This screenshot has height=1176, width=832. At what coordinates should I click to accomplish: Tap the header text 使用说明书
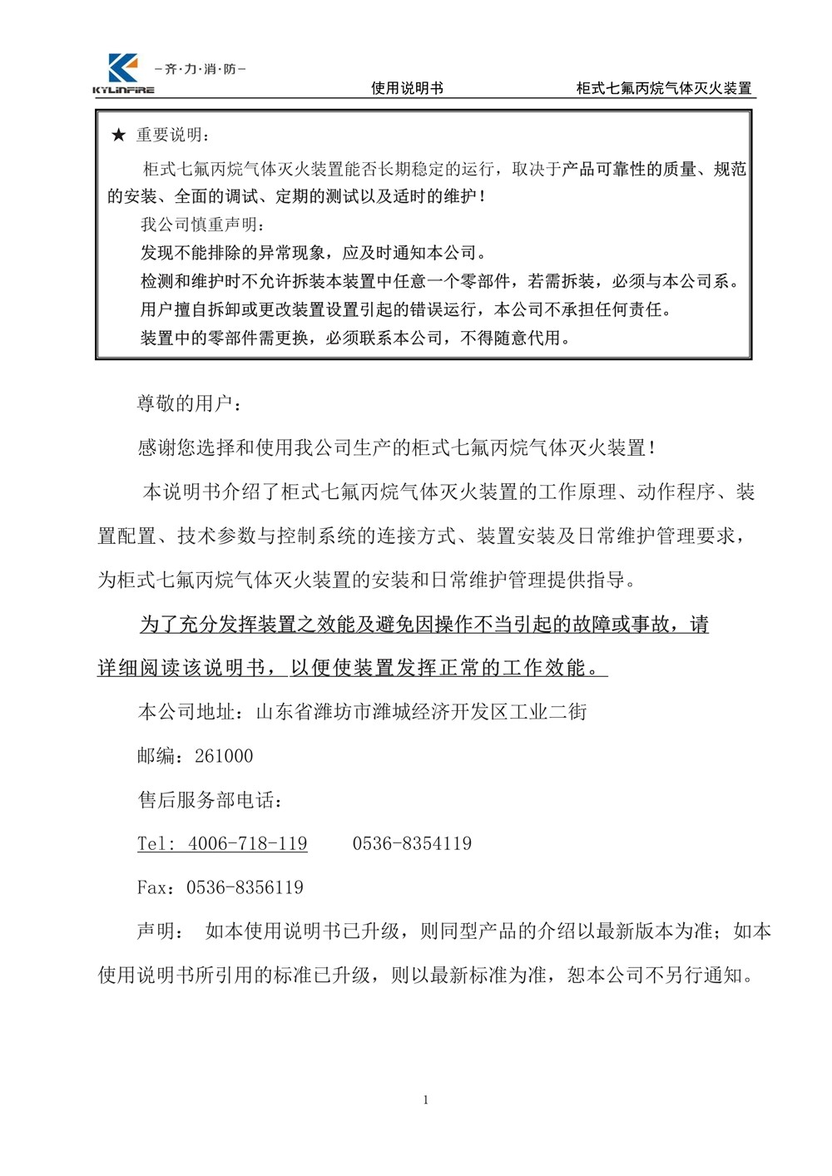[x=407, y=88]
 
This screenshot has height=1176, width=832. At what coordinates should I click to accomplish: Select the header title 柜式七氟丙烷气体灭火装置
[x=664, y=88]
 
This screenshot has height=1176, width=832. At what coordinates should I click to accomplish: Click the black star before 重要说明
[x=118, y=136]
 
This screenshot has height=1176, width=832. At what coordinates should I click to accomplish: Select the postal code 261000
[x=224, y=756]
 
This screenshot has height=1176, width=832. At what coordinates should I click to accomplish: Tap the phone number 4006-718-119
[x=248, y=843]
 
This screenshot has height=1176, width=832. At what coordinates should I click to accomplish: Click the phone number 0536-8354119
[x=412, y=843]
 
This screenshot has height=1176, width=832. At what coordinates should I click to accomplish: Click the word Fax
[x=152, y=887]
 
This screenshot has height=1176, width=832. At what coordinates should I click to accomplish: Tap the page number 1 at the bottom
[x=426, y=1100]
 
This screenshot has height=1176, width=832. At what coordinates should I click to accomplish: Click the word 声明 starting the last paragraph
[x=156, y=931]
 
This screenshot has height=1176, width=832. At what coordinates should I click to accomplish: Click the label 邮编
[x=156, y=756]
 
